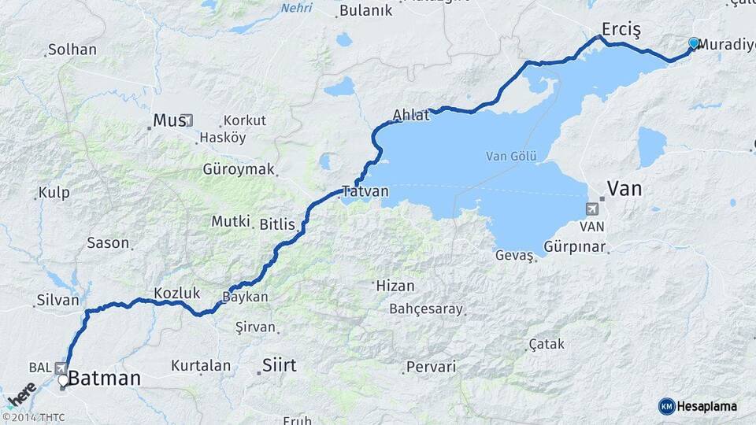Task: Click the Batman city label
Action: [x=105, y=379]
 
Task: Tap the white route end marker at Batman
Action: [x=63, y=381]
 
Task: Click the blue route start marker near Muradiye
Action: [x=694, y=42]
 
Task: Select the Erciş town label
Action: [x=621, y=29]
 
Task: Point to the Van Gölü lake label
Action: [x=511, y=156]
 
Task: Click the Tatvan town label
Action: [x=365, y=191]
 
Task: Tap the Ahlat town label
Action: [x=412, y=115]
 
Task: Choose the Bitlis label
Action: [x=277, y=224]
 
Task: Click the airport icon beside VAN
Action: [x=591, y=209]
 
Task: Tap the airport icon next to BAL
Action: [x=61, y=368]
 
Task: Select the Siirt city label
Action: [x=280, y=365]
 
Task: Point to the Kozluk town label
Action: [x=176, y=293]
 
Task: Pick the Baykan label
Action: [x=245, y=297]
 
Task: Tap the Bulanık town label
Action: [x=365, y=10]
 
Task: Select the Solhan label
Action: [x=72, y=50]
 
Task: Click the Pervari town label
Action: [x=431, y=367]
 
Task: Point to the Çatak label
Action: [x=547, y=345]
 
